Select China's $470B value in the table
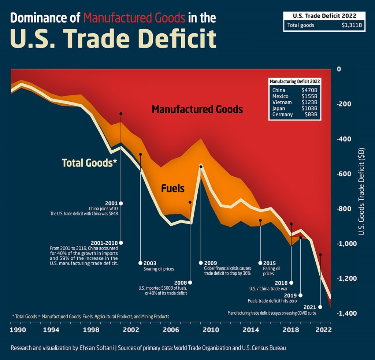[x=309, y=90]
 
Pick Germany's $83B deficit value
[x=311, y=115]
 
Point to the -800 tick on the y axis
[x=344, y=209]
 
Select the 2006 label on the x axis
[x=171, y=329]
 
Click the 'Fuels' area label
[x=173, y=188]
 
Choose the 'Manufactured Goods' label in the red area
[x=197, y=109]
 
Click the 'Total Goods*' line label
[x=89, y=163]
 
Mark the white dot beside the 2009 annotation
[x=201, y=263]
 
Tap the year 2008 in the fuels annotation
[x=180, y=282]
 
